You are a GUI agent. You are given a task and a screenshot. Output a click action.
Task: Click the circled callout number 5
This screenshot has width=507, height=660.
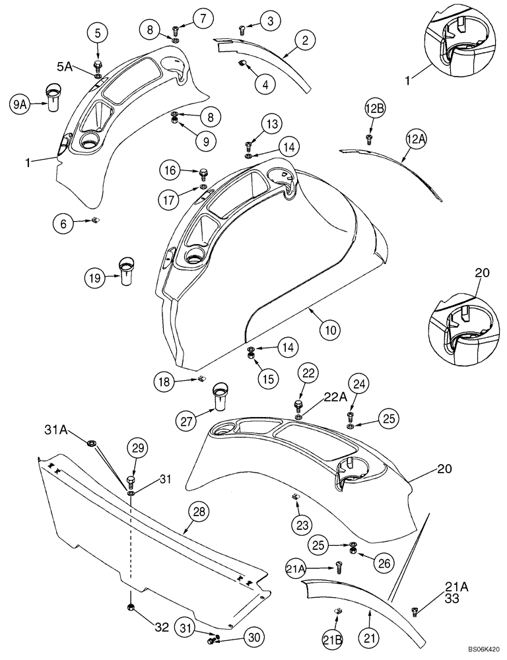click(98, 32)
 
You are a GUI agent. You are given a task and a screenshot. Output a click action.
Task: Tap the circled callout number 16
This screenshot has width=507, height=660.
click(170, 170)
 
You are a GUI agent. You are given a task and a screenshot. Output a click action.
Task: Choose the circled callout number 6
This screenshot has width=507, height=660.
click(64, 224)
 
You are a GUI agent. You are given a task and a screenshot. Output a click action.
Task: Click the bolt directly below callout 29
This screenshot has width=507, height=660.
click(131, 479)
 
